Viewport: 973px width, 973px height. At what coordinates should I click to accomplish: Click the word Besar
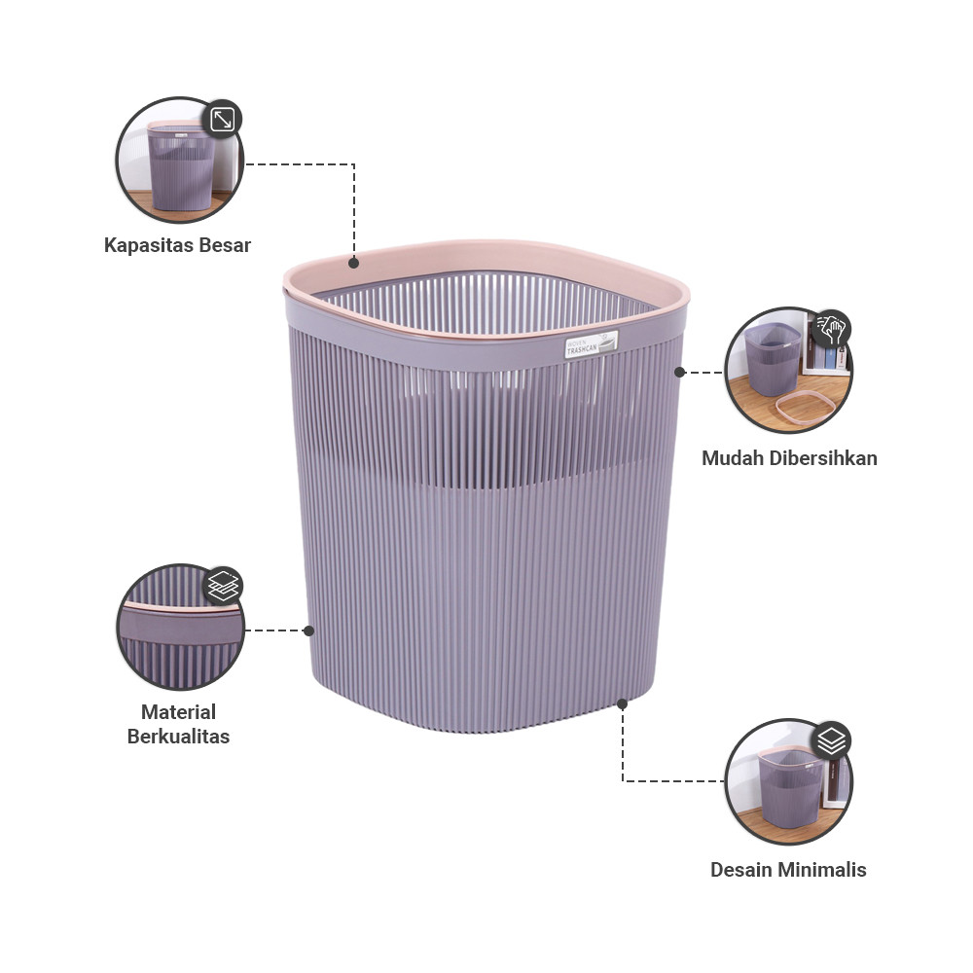coord(225,245)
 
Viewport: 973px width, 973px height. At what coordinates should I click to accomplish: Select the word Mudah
coord(737,457)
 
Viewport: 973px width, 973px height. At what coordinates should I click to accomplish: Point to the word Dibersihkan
coord(826,457)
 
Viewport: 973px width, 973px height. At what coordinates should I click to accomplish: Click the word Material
coord(178,712)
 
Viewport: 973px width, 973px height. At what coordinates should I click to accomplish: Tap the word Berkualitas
coord(178,737)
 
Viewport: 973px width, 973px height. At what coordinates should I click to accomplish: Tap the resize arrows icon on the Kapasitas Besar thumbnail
coord(223,120)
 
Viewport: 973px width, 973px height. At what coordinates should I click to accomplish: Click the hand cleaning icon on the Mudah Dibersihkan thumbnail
coord(831,327)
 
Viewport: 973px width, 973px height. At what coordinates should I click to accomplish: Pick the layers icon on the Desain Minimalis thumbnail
coord(831,740)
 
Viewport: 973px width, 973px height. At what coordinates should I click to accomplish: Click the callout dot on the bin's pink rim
coord(354,262)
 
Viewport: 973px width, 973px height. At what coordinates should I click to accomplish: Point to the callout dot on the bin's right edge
coord(680,372)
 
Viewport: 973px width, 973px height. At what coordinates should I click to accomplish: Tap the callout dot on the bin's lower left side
coord(309,631)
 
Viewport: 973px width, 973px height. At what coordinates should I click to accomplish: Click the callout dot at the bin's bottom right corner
coord(623,702)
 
